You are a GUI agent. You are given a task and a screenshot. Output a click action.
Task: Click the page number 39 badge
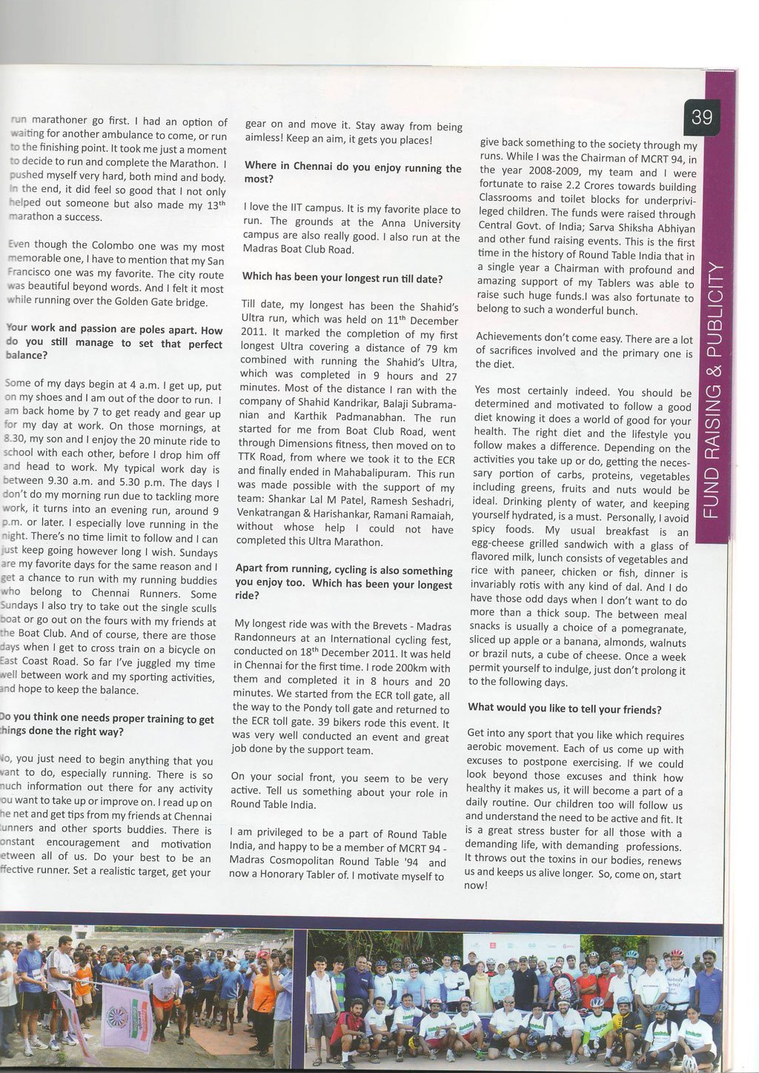tap(702, 117)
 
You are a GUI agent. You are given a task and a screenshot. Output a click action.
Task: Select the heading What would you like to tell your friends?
tap(565, 708)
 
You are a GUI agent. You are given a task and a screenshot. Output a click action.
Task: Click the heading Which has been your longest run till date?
tap(342, 279)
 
